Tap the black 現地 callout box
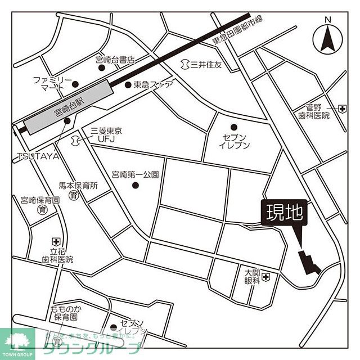pos(285,213)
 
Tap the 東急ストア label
pos(153,85)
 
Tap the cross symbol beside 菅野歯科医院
pos(343,107)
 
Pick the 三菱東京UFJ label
pos(106,135)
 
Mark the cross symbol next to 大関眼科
pos(265,276)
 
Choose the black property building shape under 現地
pos(308,262)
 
